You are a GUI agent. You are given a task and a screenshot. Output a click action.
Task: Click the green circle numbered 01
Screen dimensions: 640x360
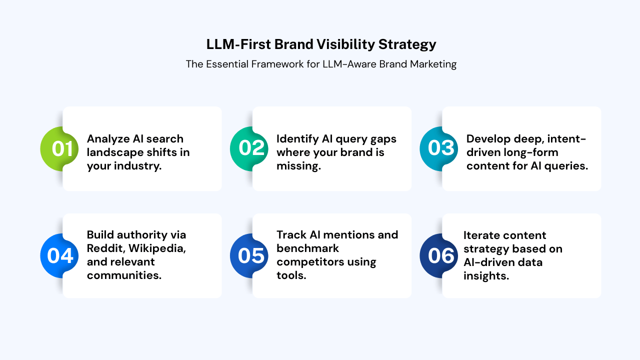coord(60,148)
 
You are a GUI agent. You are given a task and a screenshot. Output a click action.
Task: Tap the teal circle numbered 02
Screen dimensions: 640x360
coord(250,148)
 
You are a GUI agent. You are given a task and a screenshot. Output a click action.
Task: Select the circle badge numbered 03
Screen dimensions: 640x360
coord(440,148)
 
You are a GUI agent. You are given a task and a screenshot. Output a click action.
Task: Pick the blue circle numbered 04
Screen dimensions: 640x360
coord(60,255)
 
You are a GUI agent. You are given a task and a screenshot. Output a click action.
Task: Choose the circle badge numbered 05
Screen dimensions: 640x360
coord(250,255)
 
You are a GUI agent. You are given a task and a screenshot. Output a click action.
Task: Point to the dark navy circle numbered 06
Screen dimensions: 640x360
coord(440,255)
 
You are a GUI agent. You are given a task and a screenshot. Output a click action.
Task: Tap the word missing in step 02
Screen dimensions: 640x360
coord(298,165)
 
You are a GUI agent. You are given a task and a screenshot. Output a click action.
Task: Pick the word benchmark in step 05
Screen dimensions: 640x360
coord(307,248)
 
